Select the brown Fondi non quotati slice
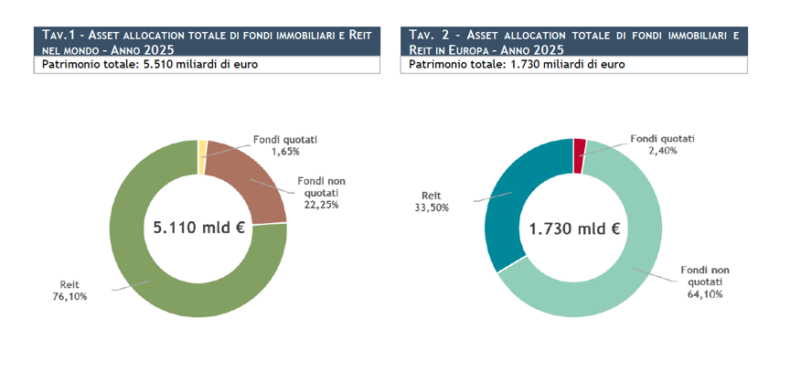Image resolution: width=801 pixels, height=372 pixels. click(x=250, y=179)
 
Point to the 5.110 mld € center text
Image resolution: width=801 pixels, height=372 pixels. click(x=199, y=227)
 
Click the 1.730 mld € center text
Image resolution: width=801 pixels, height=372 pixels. click(x=574, y=229)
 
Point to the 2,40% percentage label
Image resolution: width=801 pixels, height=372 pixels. click(x=662, y=150)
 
